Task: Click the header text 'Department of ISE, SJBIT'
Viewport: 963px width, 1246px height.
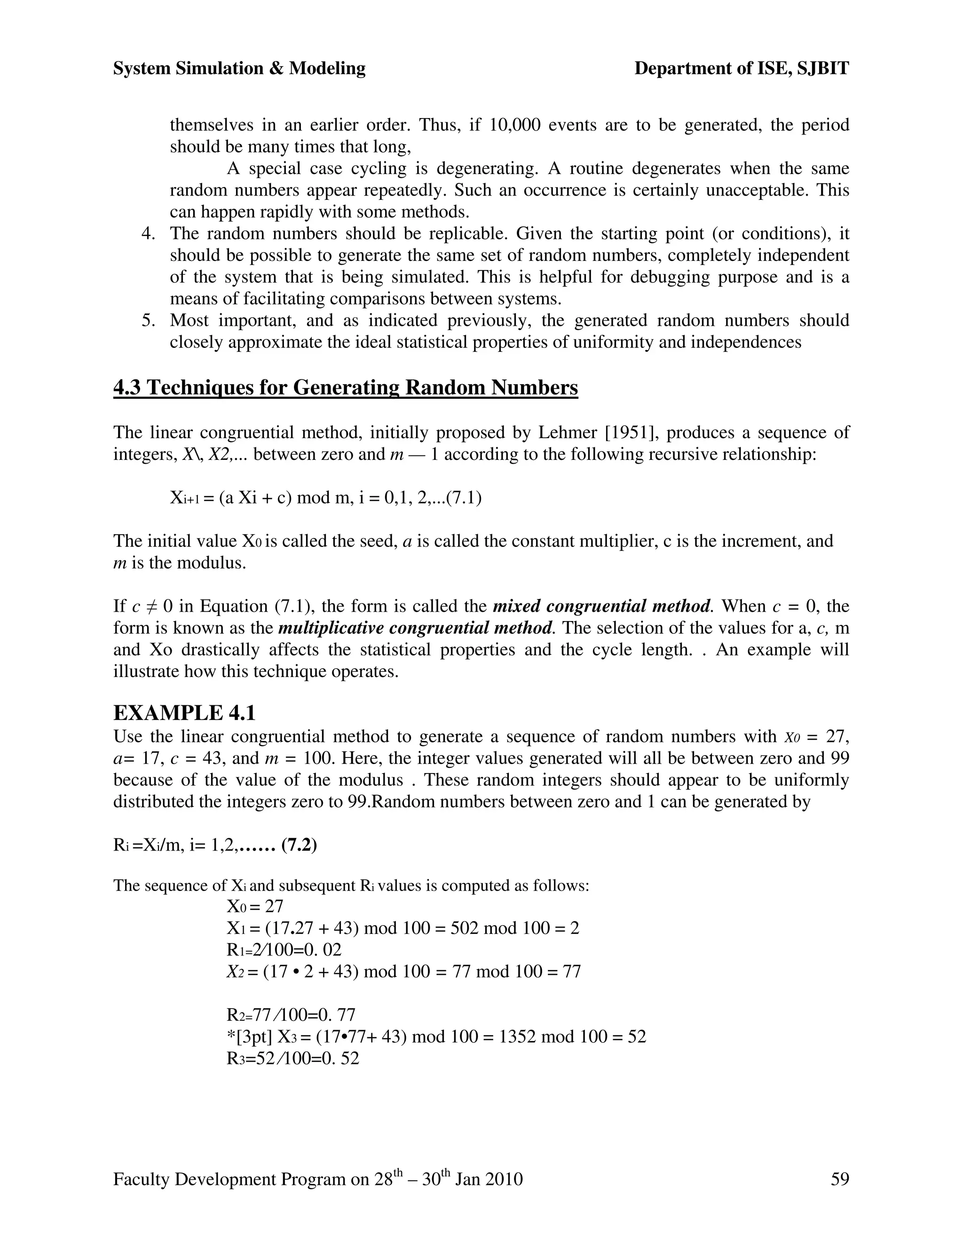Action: [741, 69]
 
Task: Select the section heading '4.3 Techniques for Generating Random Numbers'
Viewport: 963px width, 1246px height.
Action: [345, 388]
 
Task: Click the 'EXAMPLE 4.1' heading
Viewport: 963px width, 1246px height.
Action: [184, 713]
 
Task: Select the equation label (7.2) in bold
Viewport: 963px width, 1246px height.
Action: [299, 845]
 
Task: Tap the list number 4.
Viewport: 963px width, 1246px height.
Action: [148, 234]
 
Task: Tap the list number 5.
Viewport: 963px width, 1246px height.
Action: [148, 321]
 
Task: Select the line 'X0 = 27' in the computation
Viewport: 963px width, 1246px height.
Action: [254, 907]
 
